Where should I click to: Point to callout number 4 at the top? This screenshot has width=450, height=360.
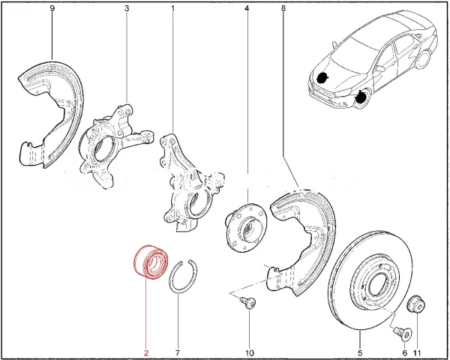pyautogui.click(x=247, y=8)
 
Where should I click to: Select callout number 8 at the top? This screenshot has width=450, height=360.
pyautogui.click(x=283, y=8)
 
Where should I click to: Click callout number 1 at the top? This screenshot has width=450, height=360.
pyautogui.click(x=172, y=8)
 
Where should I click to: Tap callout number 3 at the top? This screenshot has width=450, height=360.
pyautogui.click(x=127, y=8)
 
